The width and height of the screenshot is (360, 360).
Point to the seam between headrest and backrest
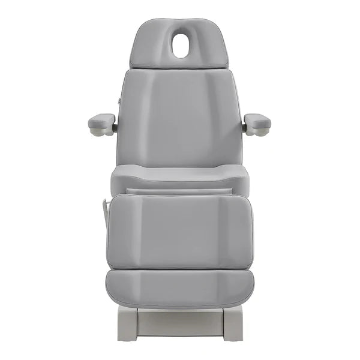[x=179, y=67]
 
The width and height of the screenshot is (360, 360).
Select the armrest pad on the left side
[x=101, y=122]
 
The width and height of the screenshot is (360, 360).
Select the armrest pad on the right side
[x=257, y=122]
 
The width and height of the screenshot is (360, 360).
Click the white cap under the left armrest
[x=96, y=133]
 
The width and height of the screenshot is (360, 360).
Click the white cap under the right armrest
[x=263, y=133]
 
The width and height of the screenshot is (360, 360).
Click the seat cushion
[x=179, y=177]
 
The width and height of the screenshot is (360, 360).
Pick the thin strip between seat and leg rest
[x=179, y=191]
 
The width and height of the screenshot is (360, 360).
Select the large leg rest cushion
[x=179, y=231]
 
